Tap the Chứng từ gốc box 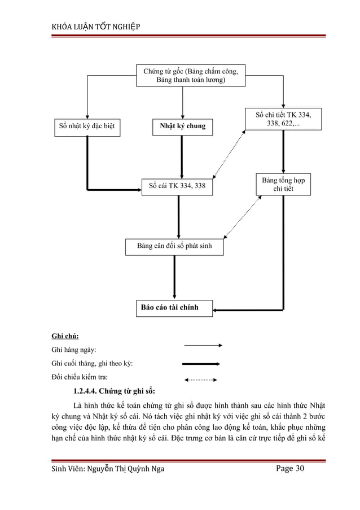[191, 76]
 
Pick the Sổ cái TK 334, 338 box [177, 185]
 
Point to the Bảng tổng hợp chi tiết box [284, 185]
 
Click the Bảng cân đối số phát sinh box [174, 246]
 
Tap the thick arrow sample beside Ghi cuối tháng [201, 364]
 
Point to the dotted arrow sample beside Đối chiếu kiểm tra [201, 380]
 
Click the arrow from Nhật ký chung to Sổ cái [182, 156]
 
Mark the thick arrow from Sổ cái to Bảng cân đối [178, 216]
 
